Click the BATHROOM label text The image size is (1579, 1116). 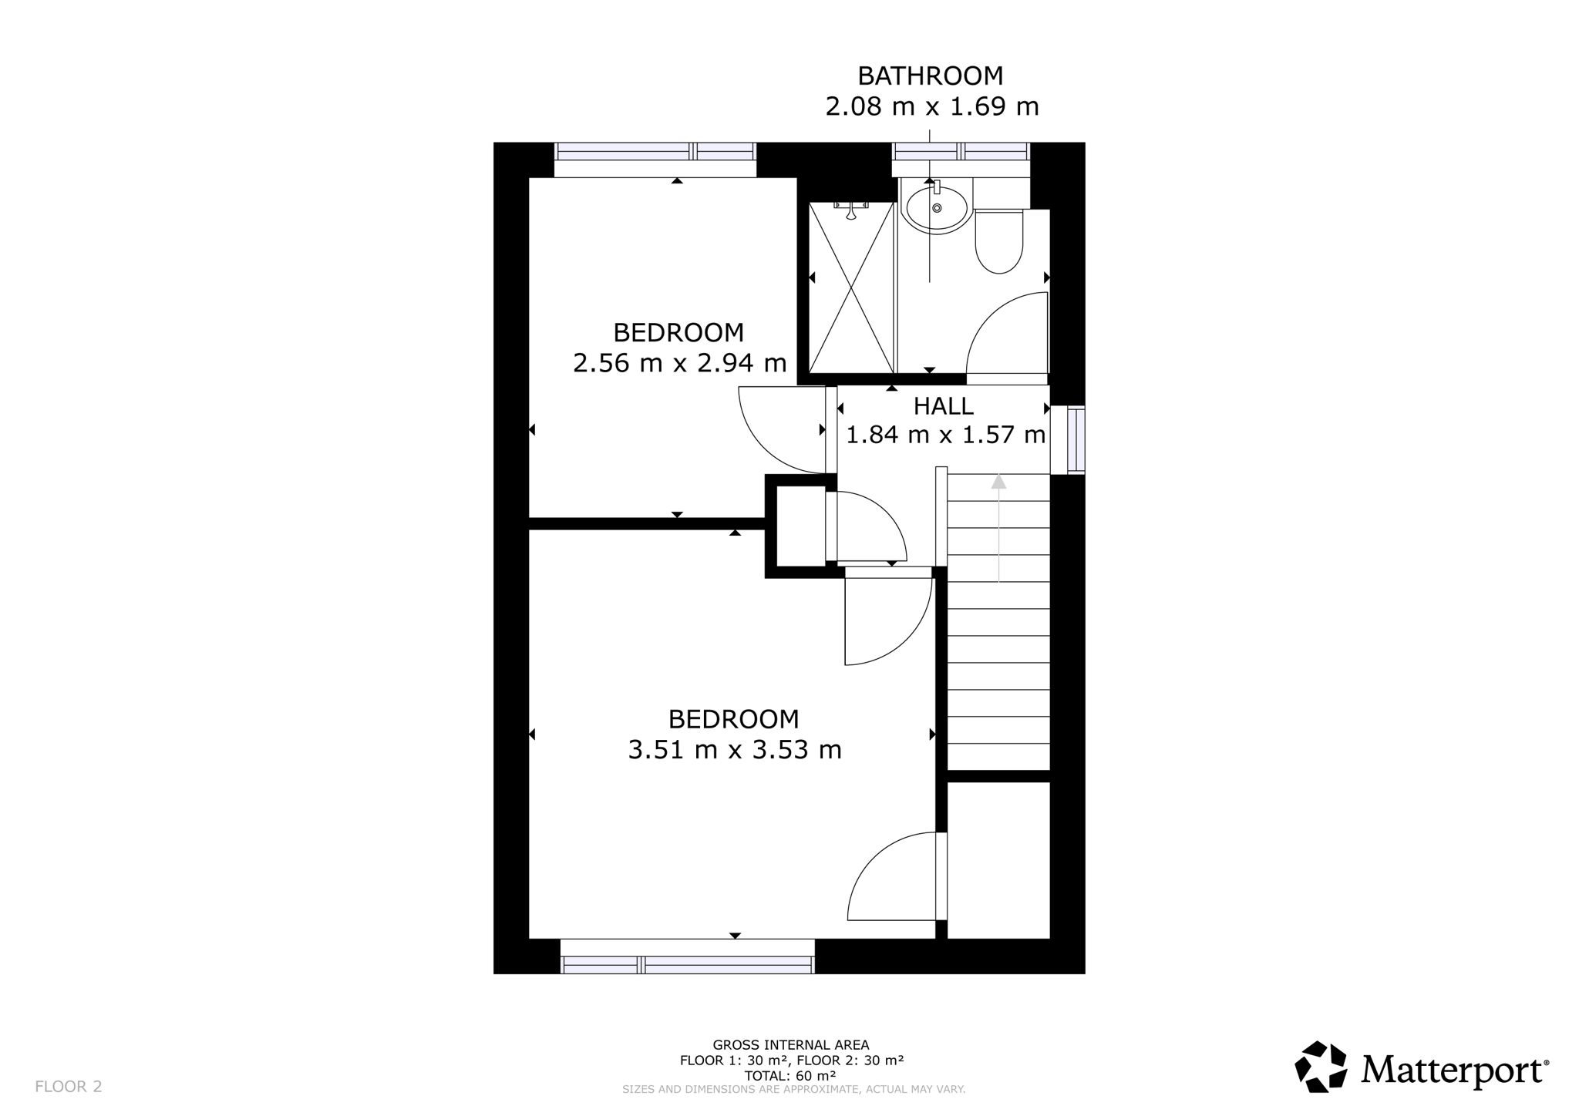coord(931,76)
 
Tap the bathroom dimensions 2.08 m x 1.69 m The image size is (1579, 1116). coord(932,106)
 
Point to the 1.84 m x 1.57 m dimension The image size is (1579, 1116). coord(946,435)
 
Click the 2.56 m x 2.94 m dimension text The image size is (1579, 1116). coord(679,362)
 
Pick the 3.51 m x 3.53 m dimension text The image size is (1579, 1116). coord(735,749)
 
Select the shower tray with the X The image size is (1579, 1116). coord(851,288)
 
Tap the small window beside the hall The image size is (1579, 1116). coord(1076,439)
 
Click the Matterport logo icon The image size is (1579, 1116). coord(1321,1067)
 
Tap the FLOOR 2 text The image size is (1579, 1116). coord(69,1087)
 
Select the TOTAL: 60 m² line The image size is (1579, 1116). coord(790,1076)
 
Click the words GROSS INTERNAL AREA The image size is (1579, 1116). coord(790,1045)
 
